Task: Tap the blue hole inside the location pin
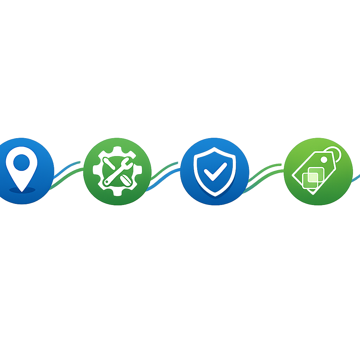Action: pyautogui.click(x=22, y=162)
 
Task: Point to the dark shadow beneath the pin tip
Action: pyautogui.click(x=22, y=191)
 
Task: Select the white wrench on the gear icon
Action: pyautogui.click(x=118, y=172)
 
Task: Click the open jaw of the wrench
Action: pyautogui.click(x=129, y=162)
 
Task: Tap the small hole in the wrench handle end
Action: pyautogui.click(x=107, y=182)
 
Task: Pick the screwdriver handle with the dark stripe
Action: pyautogui.click(x=125, y=180)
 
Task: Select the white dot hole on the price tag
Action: pyautogui.click(x=324, y=160)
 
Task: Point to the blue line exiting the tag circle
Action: pyautogui.click(x=356, y=179)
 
